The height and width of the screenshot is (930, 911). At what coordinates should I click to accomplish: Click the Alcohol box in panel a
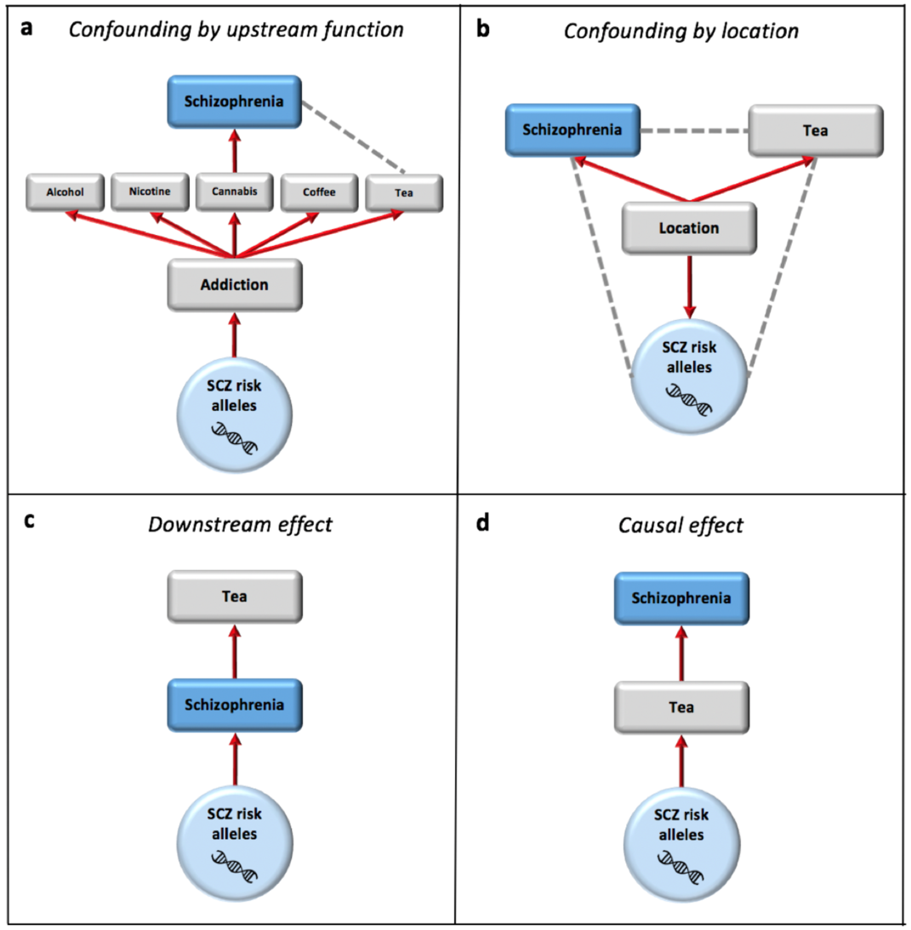[x=65, y=192]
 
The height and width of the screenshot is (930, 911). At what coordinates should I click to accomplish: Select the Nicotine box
[x=150, y=191]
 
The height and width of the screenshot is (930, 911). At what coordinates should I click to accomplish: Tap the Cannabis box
[x=234, y=191]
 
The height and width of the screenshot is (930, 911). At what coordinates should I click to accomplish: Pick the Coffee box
[x=318, y=192]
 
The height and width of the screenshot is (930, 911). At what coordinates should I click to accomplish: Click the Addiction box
[x=234, y=285]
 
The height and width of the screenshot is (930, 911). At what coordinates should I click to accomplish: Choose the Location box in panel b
[x=689, y=228]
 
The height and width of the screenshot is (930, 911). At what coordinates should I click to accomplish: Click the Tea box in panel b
[x=816, y=130]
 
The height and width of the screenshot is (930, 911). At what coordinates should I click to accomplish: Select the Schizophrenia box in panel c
[x=234, y=705]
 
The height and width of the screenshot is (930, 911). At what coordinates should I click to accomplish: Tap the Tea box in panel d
[x=682, y=706]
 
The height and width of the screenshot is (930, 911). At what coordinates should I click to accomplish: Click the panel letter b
[x=483, y=29]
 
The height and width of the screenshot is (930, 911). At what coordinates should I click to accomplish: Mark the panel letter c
[x=29, y=521]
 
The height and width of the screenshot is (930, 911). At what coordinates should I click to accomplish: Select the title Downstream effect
[x=240, y=524]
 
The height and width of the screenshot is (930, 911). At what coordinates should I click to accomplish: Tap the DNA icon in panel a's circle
[x=234, y=437]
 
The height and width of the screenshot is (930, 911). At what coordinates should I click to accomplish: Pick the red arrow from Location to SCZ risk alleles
[x=689, y=285]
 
